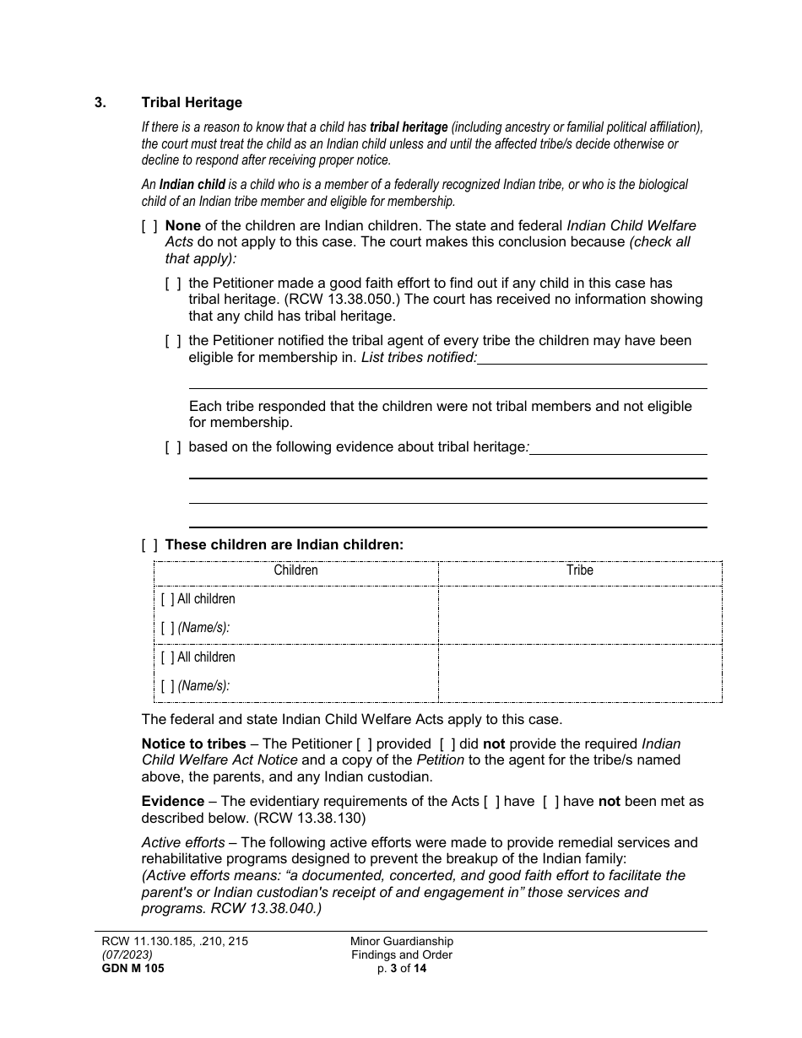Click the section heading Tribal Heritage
click(x=192, y=102)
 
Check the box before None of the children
click(x=149, y=226)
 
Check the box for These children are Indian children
click(x=149, y=545)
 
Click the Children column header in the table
click(x=295, y=570)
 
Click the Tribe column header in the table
click(x=579, y=570)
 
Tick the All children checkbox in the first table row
click(x=167, y=599)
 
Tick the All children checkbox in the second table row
click(x=167, y=657)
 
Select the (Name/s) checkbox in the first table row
click(x=167, y=628)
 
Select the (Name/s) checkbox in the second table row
click(x=167, y=686)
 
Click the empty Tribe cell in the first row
click(x=579, y=614)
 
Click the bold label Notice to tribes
click(x=193, y=744)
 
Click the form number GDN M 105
click(x=129, y=969)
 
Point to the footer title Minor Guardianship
click(x=402, y=941)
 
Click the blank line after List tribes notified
click(x=592, y=359)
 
